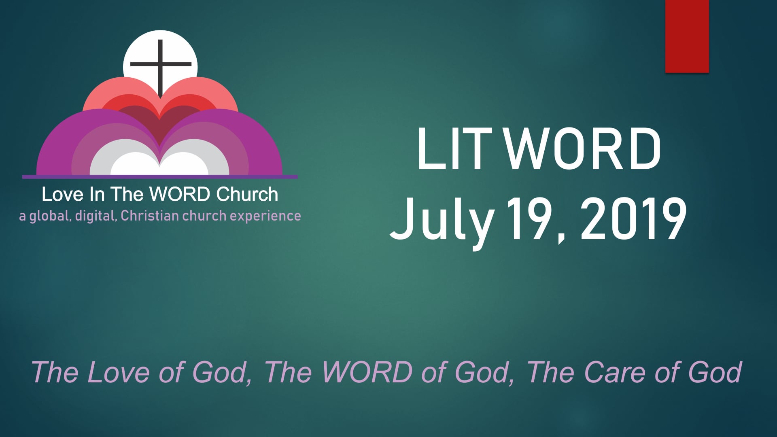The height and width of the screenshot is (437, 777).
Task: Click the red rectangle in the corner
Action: coord(687,36)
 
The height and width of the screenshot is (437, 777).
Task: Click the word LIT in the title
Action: coord(454,148)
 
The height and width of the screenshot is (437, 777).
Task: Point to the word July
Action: coord(442,221)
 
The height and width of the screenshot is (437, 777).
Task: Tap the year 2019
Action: coord(633,221)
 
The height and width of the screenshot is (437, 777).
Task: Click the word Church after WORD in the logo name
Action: coord(247,195)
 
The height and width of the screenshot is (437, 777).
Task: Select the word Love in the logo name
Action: coord(62,195)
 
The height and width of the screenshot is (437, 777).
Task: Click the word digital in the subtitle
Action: coord(96,216)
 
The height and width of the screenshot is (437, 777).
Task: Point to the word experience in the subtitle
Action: coord(265,216)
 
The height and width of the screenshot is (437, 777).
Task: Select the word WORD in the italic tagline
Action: coord(367,372)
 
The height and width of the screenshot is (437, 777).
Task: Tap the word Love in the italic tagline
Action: coord(119,372)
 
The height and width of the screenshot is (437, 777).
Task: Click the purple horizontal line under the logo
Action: coord(160,177)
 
